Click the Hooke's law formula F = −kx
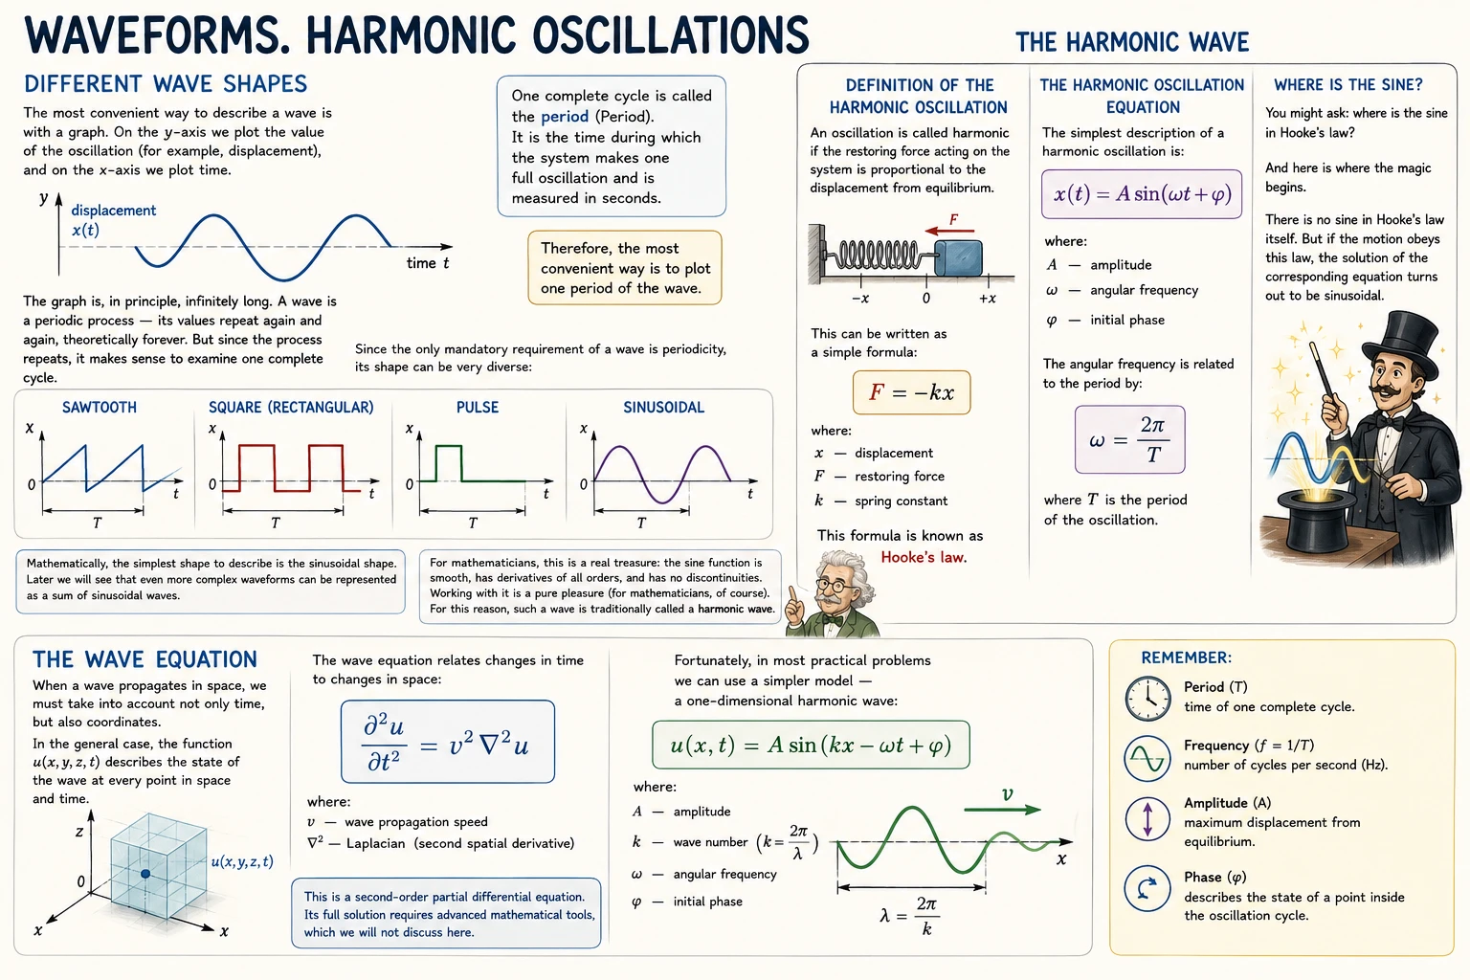coord(911,392)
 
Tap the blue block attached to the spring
coord(958,257)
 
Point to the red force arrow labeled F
coord(949,231)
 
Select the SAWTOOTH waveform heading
coord(100,407)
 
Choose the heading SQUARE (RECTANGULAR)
coord(291,407)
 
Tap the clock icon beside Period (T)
coord(1147,699)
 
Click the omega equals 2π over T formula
coord(1130,439)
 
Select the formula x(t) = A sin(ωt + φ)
coord(1142,194)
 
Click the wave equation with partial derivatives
coord(448,742)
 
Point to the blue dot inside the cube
coord(145,874)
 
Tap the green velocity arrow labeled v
coord(1002,810)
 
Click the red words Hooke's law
coord(924,557)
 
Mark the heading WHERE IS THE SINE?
coord(1347,84)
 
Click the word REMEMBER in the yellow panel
coord(1186,657)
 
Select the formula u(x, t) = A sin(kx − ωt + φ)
coord(812,745)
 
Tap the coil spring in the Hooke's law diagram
coord(879,255)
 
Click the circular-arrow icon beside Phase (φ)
coord(1147,889)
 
